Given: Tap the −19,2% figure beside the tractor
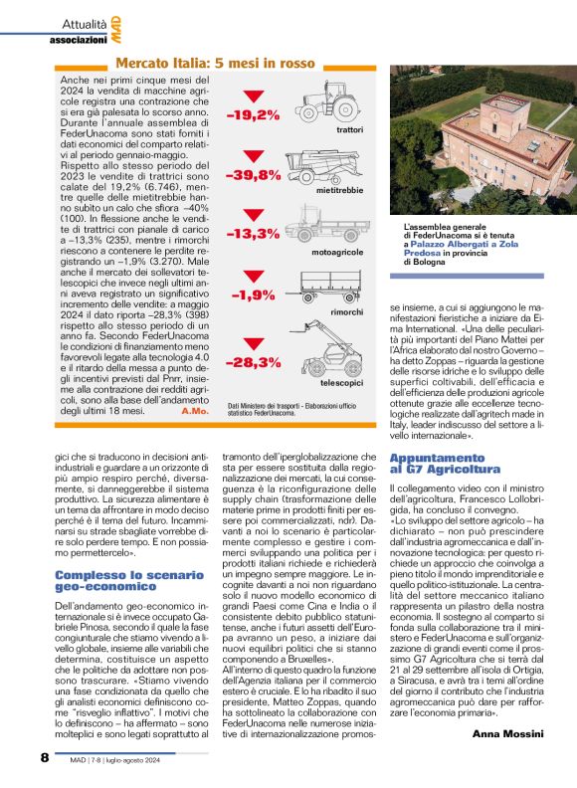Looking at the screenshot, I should [252, 115].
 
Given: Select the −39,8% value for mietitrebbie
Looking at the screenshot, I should [252, 175].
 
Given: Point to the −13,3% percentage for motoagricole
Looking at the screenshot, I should [252, 234].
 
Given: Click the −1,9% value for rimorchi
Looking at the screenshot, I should [253, 295].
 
